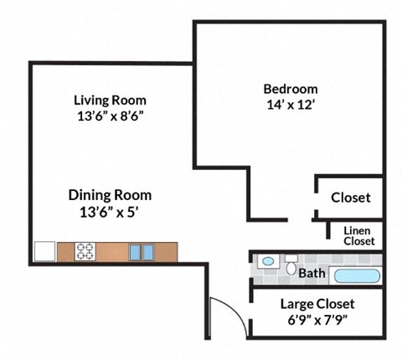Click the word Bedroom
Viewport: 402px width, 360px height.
[x=291, y=89]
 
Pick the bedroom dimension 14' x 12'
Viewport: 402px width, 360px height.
[x=291, y=105]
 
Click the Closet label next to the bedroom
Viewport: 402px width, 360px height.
[x=350, y=198]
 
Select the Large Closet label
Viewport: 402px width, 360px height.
[x=317, y=303]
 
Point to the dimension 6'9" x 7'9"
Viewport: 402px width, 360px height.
[x=317, y=320]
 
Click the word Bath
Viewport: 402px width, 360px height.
[x=312, y=273]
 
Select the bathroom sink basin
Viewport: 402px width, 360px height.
[x=267, y=261]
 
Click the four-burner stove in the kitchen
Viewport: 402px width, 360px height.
[x=86, y=250]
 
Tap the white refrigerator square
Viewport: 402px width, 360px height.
[x=44, y=251]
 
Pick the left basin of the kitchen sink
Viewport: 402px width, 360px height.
[x=136, y=251]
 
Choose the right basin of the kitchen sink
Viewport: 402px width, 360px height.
[x=147, y=251]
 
